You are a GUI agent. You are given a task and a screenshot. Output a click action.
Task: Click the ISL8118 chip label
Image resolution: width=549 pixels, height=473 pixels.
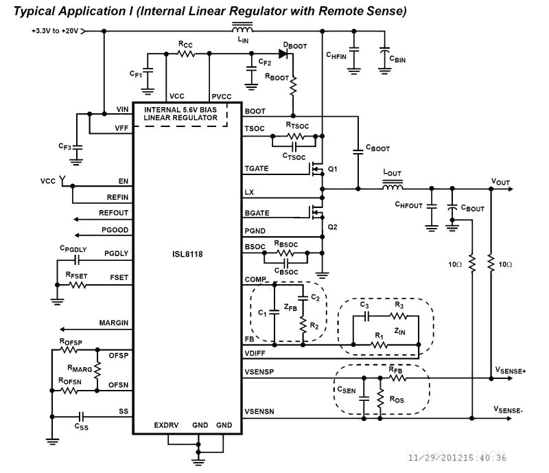pyautogui.click(x=187, y=253)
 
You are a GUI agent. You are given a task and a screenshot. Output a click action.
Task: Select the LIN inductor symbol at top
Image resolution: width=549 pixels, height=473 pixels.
pyautogui.click(x=242, y=30)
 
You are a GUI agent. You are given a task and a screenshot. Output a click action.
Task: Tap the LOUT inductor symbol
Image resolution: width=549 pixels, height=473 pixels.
pyautogui.click(x=393, y=187)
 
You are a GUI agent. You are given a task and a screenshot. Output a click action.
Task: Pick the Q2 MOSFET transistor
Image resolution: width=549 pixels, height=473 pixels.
pyautogui.click(x=316, y=214)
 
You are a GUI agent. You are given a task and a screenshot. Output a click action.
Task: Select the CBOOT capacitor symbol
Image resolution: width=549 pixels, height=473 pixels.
pyautogui.click(x=358, y=150)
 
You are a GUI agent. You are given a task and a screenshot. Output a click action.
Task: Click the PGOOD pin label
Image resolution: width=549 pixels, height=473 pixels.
pyautogui.click(x=115, y=229)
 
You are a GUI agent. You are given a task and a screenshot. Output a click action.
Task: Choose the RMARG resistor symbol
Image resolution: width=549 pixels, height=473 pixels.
pyautogui.click(x=98, y=370)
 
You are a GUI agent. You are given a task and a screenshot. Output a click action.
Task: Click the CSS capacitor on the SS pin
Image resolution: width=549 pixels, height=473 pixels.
pyautogui.click(x=82, y=415)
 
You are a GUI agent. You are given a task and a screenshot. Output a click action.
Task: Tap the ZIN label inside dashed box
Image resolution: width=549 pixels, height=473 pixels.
pyautogui.click(x=400, y=330)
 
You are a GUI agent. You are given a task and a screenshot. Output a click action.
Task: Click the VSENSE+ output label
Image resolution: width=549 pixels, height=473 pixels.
pyautogui.click(x=510, y=370)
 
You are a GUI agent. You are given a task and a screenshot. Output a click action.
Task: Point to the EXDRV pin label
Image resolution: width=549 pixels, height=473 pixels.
pyautogui.click(x=166, y=426)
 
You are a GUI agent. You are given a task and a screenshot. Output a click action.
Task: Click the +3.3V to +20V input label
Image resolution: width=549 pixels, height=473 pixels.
pyautogui.click(x=55, y=31)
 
